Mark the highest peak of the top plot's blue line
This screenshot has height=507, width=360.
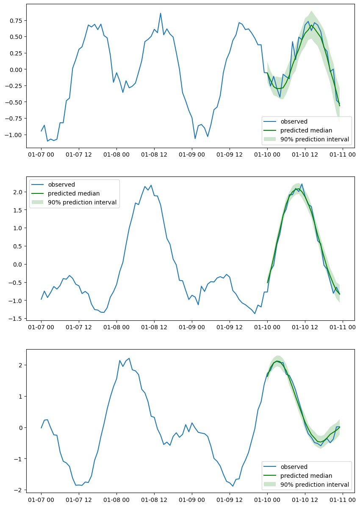(x=161, y=13)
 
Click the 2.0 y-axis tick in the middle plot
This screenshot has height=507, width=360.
(x=19, y=192)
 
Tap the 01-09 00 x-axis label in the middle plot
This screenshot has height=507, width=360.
(x=192, y=327)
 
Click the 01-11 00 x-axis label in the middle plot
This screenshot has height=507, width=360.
(x=342, y=327)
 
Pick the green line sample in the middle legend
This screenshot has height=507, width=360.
(x=39, y=193)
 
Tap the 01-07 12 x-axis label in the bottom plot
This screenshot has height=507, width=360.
(x=79, y=500)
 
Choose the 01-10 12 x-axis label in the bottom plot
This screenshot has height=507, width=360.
(x=305, y=500)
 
